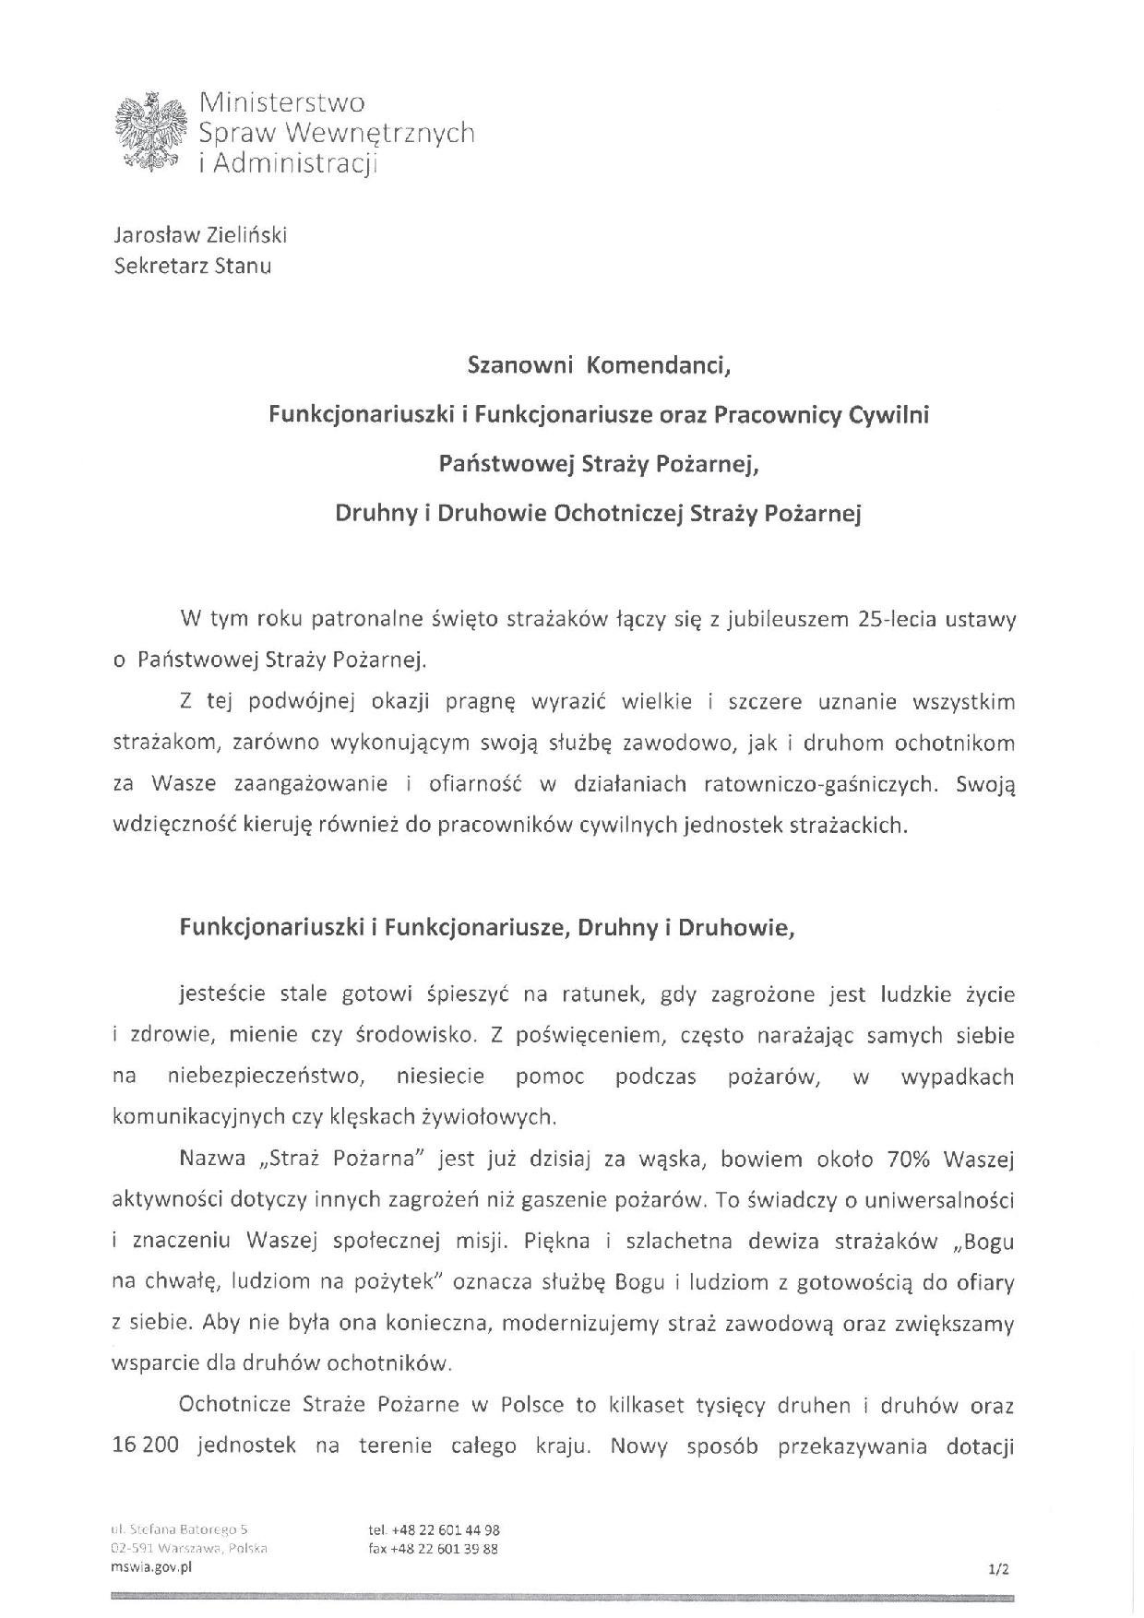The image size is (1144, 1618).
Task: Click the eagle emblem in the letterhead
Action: (x=149, y=131)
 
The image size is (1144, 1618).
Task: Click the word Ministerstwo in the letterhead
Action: (x=282, y=102)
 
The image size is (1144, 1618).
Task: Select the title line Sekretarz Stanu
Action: (x=192, y=267)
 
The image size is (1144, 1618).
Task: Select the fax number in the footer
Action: (x=433, y=1549)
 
